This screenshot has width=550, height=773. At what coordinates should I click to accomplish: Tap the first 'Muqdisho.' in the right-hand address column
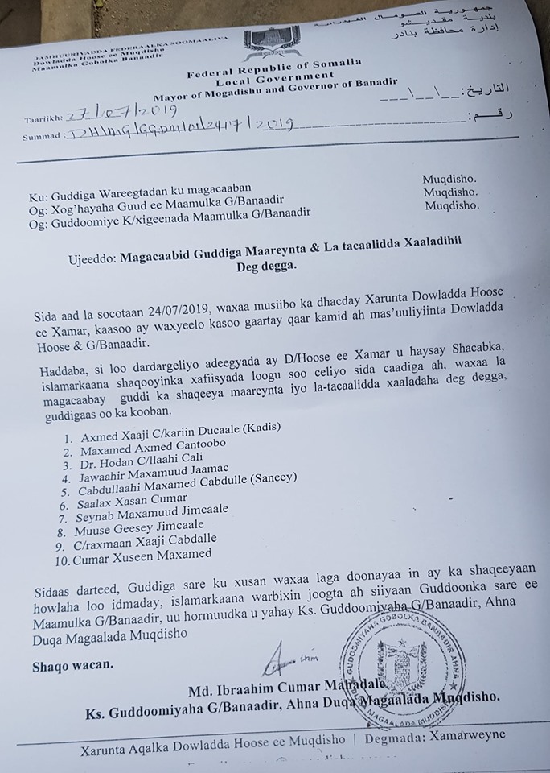pos(449,179)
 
